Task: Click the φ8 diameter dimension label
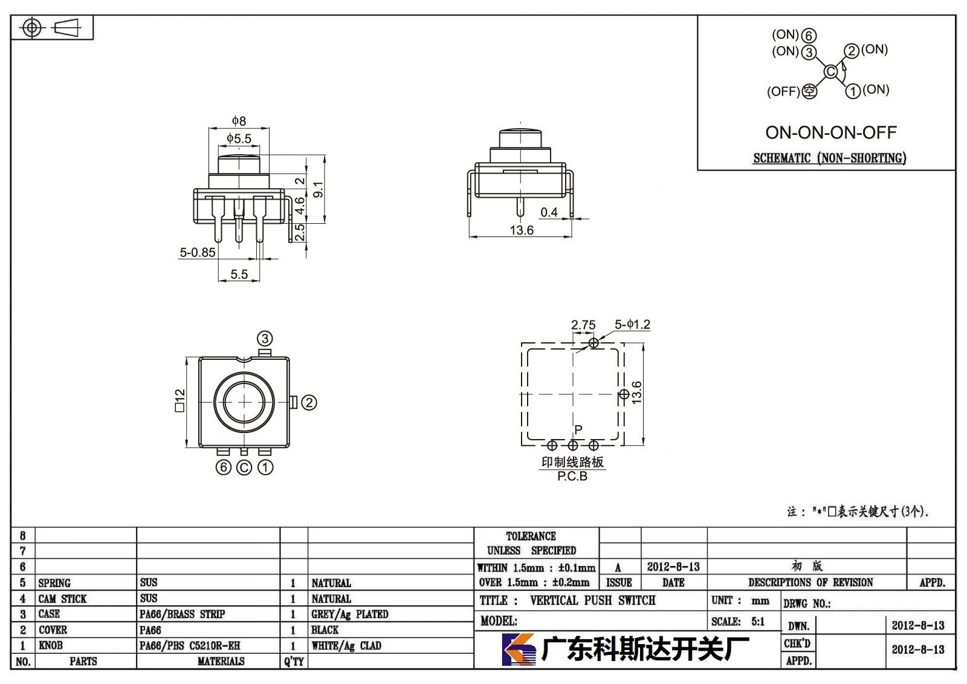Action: (x=239, y=120)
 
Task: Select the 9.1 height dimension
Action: (x=318, y=190)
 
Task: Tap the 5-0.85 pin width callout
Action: (x=197, y=252)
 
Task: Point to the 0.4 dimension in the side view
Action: (x=549, y=212)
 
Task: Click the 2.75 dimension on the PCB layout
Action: (x=583, y=325)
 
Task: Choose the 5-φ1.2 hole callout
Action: (x=632, y=324)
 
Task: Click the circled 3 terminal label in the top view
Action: (x=265, y=338)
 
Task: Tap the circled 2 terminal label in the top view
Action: (x=309, y=403)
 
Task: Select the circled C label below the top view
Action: (x=244, y=467)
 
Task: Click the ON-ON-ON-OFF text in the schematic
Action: (x=831, y=132)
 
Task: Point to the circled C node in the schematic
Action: (x=830, y=71)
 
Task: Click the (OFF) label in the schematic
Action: (x=783, y=91)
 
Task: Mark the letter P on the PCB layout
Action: (x=578, y=429)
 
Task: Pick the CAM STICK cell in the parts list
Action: (x=62, y=599)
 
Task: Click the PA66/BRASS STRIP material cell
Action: (x=182, y=614)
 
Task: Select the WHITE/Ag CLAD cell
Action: (x=346, y=645)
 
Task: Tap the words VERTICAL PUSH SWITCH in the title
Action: (x=593, y=600)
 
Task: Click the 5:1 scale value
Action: (x=758, y=621)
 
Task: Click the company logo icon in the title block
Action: (x=519, y=650)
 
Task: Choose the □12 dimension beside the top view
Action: (x=179, y=400)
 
